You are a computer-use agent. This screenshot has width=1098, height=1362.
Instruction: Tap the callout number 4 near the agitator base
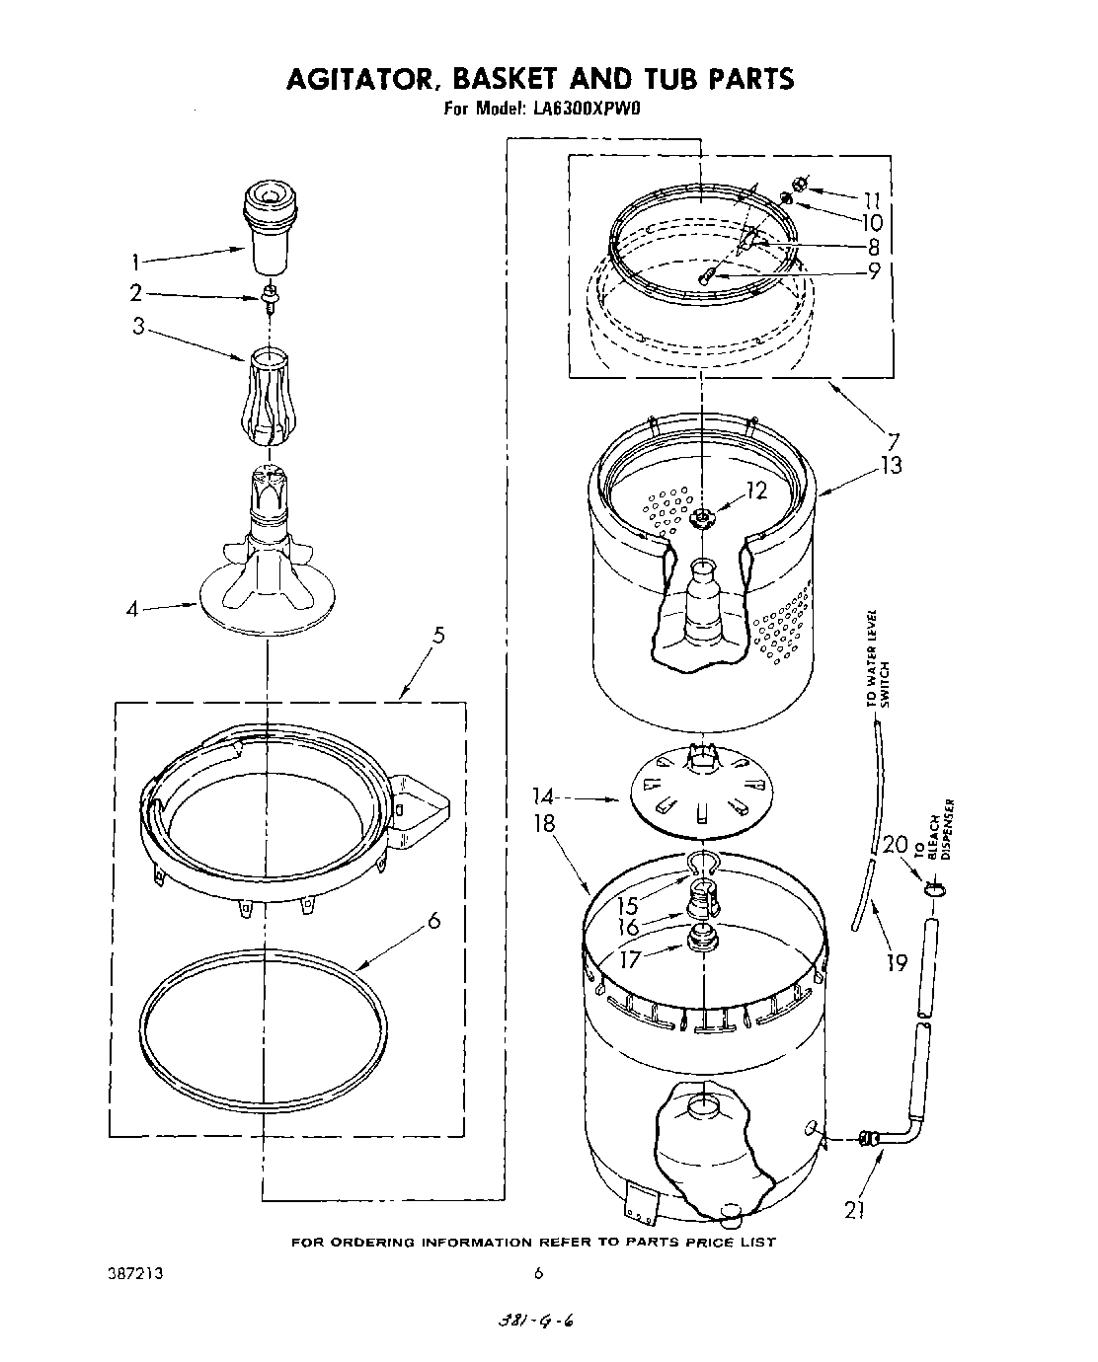(133, 609)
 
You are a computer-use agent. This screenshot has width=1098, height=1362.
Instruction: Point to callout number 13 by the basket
(890, 465)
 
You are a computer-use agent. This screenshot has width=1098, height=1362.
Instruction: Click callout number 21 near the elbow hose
(855, 1211)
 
